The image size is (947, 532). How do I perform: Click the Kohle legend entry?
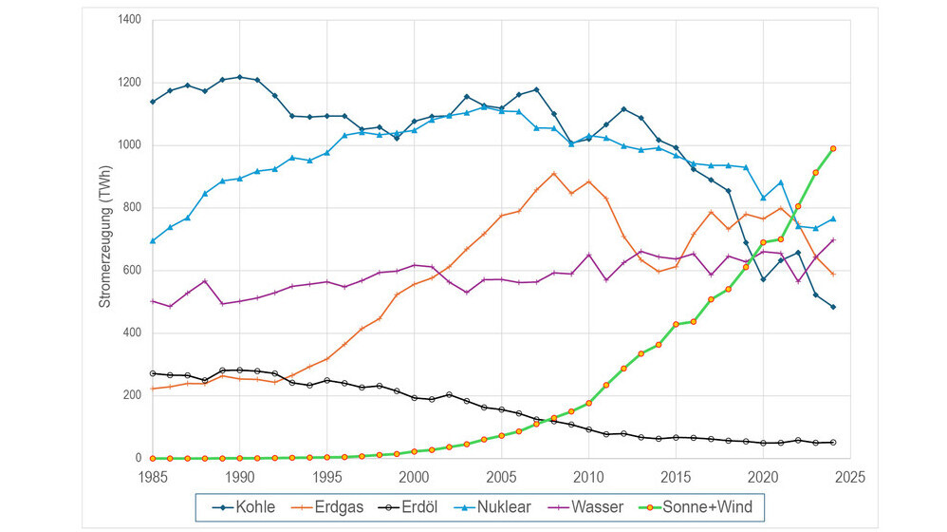(246, 506)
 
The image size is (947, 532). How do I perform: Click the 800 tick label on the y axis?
(133, 207)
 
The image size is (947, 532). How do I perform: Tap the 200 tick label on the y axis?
(133, 395)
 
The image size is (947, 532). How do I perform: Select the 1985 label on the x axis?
(153, 475)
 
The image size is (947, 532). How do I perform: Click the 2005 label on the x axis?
(501, 475)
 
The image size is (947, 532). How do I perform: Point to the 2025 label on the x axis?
(849, 475)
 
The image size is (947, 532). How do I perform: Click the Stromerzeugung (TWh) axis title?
(105, 238)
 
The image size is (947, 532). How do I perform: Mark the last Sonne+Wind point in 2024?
(832, 148)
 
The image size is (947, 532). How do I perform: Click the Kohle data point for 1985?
(153, 101)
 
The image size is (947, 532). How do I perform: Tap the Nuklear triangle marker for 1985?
(153, 240)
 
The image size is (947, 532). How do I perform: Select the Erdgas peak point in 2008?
(553, 173)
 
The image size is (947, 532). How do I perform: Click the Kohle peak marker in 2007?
(536, 89)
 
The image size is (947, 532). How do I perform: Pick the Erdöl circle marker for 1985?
(153, 373)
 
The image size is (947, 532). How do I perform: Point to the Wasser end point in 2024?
(832, 239)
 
